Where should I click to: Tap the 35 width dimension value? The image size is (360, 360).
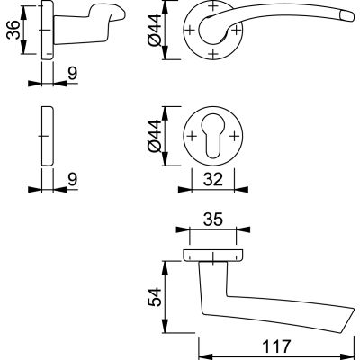(212, 219)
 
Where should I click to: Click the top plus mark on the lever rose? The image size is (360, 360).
(213, 9)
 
